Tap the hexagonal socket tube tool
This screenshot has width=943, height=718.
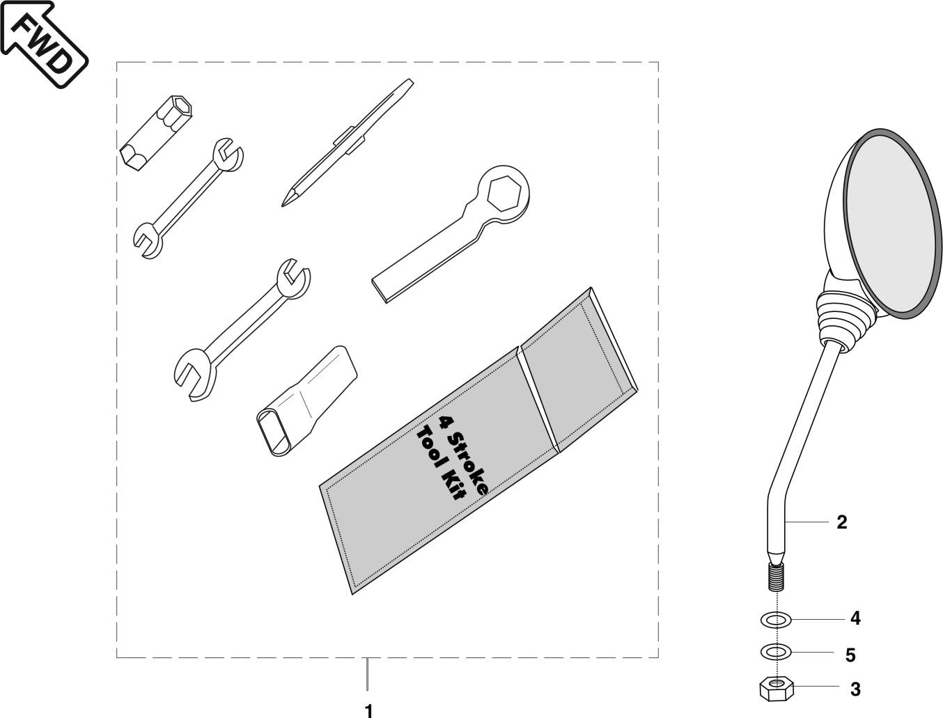(155, 132)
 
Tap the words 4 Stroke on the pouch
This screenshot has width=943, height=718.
(463, 453)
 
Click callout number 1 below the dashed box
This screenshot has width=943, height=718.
(368, 710)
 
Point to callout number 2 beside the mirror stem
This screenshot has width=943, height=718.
(841, 522)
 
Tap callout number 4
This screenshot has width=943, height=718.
(855, 618)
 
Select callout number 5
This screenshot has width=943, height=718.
(850, 655)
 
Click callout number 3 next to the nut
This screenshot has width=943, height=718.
(855, 689)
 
